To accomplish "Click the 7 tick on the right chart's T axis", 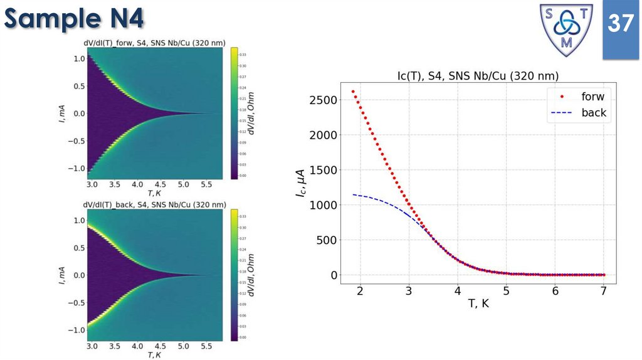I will click(603, 291).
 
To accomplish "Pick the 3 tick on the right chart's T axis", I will click(409, 291).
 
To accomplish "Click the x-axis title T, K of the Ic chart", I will click(478, 305).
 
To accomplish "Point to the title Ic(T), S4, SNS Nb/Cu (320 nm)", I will click(478, 76).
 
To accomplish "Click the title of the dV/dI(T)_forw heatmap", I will click(155, 43).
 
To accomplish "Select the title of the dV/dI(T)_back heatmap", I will click(155, 204).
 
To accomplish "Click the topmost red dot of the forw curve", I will click(353, 92).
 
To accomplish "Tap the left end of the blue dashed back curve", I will click(354, 194).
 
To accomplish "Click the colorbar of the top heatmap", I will click(234, 113).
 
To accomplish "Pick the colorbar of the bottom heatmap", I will click(234, 275).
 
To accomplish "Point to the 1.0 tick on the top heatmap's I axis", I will click(80, 58).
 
